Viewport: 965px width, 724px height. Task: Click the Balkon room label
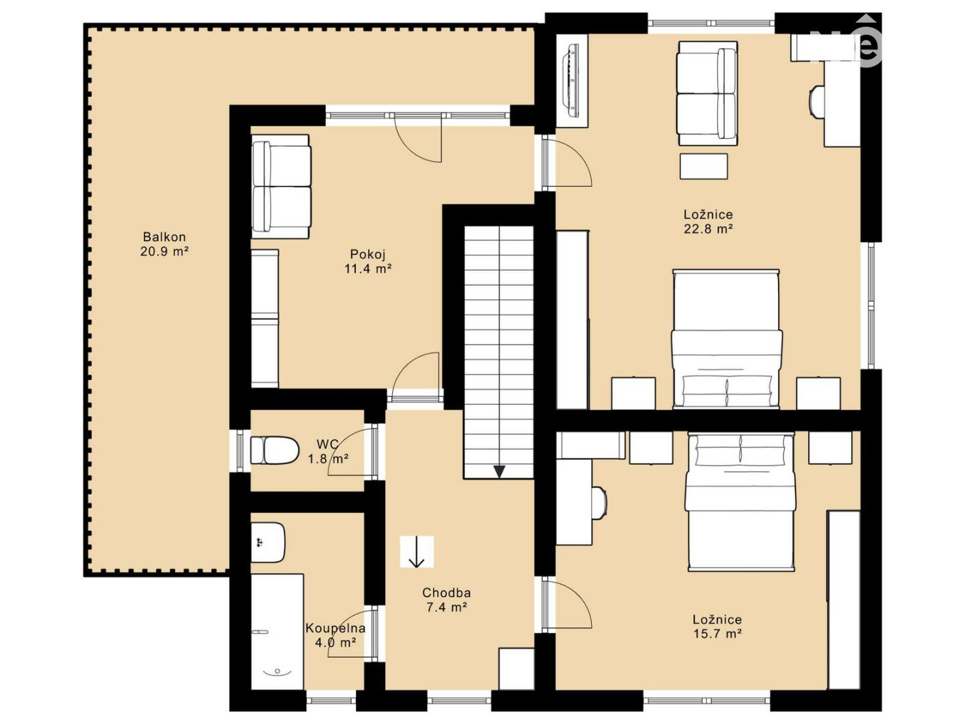tap(164, 244)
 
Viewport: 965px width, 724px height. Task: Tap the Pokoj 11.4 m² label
tap(367, 261)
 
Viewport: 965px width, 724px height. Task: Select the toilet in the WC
tap(275, 450)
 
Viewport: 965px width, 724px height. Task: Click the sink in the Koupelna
tap(269, 542)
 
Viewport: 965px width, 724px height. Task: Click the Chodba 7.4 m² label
tap(446, 599)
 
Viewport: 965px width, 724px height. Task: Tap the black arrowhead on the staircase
tap(499, 472)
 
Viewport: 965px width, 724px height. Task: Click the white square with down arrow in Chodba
tap(416, 551)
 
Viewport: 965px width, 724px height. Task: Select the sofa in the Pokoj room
tap(281, 187)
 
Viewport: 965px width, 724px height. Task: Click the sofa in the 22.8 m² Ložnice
tap(708, 93)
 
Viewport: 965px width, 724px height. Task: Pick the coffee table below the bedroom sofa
tap(704, 166)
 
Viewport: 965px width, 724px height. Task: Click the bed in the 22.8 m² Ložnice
tap(726, 339)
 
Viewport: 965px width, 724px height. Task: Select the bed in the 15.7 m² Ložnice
tap(741, 501)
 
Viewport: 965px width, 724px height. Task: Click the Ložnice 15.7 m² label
tap(718, 626)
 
